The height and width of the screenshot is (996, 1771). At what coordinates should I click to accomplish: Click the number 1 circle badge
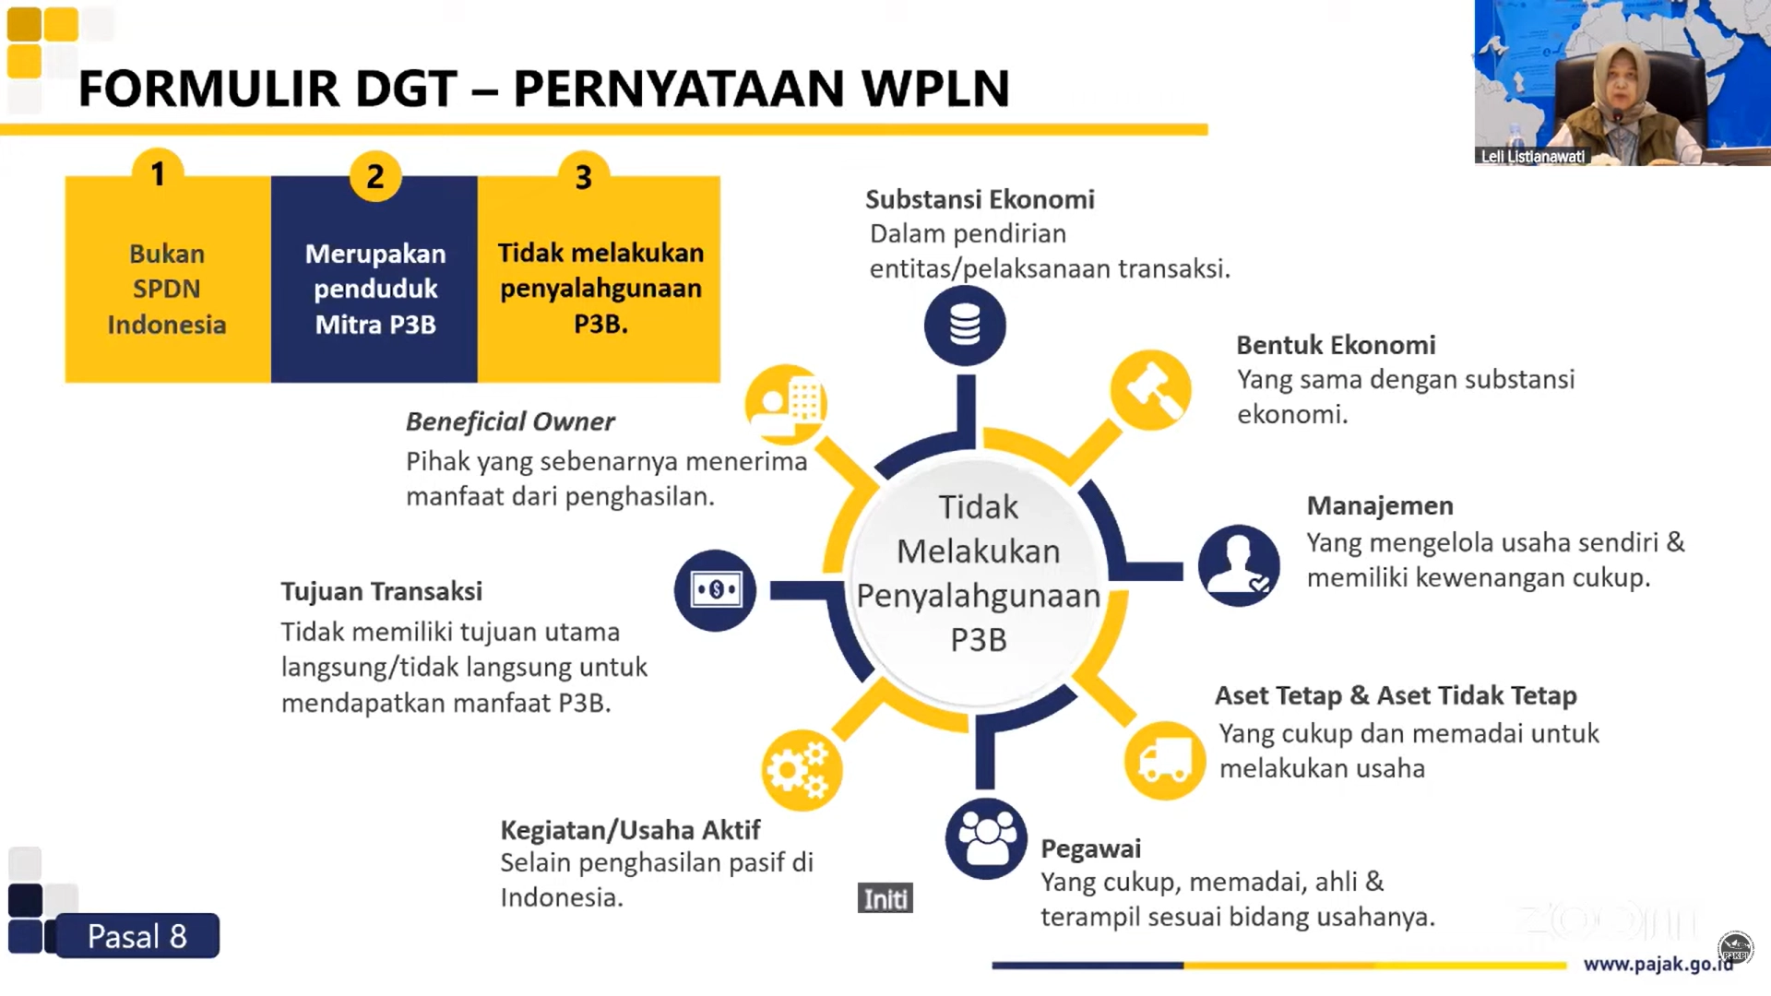158,173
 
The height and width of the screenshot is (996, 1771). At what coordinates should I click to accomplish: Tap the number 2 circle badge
374,175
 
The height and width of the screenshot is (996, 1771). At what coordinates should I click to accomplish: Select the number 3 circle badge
583,176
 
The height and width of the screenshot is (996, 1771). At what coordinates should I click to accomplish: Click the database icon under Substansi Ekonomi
965,325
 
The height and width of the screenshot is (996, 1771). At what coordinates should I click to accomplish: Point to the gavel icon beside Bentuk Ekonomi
1150,390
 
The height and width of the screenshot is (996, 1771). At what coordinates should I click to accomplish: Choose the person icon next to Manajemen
1238,564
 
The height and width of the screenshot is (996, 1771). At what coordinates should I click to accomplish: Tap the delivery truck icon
1164,761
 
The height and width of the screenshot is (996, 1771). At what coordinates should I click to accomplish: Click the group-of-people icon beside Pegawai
985,838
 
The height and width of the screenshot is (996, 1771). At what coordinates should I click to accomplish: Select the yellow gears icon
801,769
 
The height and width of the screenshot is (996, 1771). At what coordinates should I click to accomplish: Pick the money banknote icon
715,590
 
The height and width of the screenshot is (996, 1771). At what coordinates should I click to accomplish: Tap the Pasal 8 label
137,936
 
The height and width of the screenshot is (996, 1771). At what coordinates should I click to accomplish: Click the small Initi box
885,898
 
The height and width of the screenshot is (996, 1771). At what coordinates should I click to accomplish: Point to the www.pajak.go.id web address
1658,965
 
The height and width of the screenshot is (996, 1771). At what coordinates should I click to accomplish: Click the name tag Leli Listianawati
1532,157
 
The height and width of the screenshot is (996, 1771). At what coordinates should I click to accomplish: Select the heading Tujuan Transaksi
381,591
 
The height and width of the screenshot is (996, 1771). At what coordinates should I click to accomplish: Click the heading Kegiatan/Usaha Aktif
630,830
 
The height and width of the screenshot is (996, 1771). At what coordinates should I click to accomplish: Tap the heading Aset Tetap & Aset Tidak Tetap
1395,695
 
